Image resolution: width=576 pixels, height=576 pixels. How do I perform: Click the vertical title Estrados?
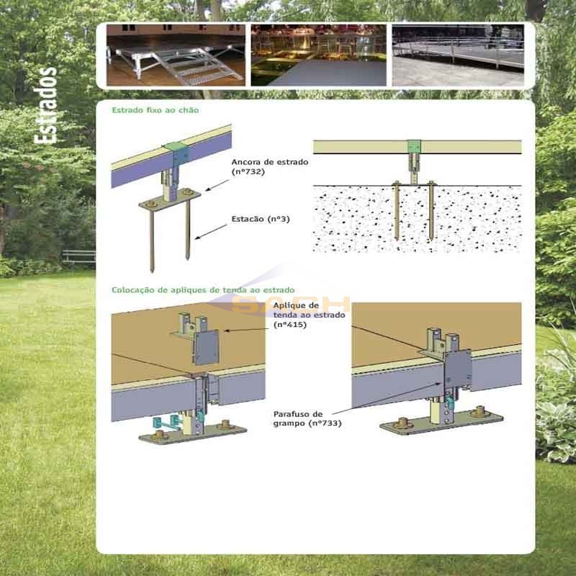[45, 105]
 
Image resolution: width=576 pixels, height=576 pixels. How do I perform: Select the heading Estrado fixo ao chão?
[156, 110]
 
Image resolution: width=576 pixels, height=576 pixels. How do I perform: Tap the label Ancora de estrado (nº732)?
[269, 167]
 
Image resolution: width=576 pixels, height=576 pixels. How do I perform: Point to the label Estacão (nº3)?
[261, 220]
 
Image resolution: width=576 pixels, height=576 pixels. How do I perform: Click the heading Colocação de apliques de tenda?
[203, 290]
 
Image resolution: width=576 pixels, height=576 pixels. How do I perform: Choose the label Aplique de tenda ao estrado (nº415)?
[309, 315]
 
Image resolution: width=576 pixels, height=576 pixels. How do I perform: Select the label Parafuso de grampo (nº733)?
[307, 419]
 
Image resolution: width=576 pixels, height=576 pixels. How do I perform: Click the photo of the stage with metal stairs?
[176, 55]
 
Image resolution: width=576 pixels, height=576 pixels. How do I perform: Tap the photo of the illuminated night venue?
[318, 55]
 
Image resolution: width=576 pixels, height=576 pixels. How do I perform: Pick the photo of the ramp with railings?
[458, 55]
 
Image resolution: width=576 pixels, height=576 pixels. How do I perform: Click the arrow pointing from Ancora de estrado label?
[217, 186]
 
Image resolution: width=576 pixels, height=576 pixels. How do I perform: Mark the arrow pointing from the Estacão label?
[211, 232]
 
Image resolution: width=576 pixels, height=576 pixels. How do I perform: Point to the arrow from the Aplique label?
[244, 330]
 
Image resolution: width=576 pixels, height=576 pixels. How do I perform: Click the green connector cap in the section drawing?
[415, 147]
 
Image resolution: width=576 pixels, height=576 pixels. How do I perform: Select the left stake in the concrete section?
[397, 211]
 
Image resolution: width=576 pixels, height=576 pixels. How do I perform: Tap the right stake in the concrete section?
[431, 211]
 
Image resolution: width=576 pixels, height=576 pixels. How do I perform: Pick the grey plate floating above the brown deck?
[206, 347]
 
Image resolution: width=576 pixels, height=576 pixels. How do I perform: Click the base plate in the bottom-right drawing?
[441, 423]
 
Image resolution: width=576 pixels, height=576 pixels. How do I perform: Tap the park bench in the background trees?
[79, 256]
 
